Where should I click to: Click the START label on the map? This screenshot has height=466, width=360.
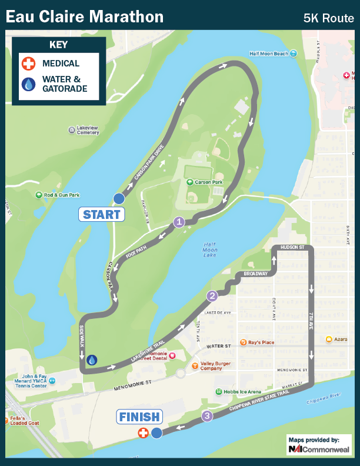(x=102, y=214)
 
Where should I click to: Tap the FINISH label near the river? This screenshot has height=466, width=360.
(x=139, y=417)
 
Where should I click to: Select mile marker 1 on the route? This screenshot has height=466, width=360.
(x=179, y=222)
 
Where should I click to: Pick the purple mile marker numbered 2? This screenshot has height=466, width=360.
(x=212, y=296)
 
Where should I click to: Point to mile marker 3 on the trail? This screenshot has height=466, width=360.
(x=207, y=417)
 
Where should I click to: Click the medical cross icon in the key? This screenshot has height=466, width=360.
(x=28, y=64)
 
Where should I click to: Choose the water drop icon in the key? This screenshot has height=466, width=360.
(x=28, y=84)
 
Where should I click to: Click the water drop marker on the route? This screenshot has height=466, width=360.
(x=92, y=360)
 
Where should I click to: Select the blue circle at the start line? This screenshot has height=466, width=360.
(x=118, y=198)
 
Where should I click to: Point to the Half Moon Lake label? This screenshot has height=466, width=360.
(x=211, y=250)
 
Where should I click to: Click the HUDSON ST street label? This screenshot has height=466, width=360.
(x=292, y=247)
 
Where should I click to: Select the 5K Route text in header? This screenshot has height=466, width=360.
(x=328, y=18)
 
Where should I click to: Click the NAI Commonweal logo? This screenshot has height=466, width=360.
(x=318, y=449)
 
